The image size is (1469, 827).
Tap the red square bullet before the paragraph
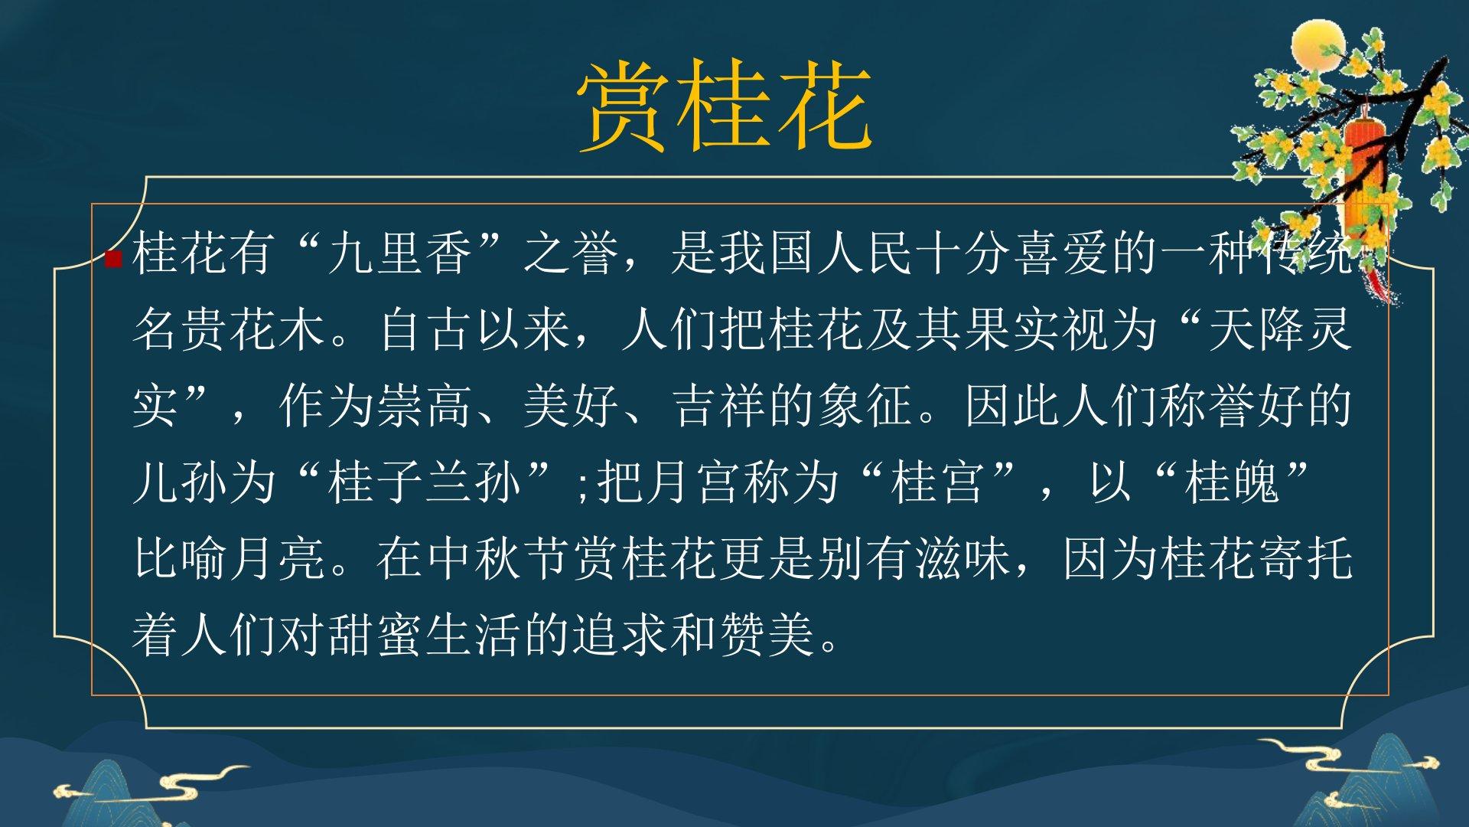click(x=113, y=259)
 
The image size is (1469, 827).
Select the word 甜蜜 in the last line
click(x=376, y=636)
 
